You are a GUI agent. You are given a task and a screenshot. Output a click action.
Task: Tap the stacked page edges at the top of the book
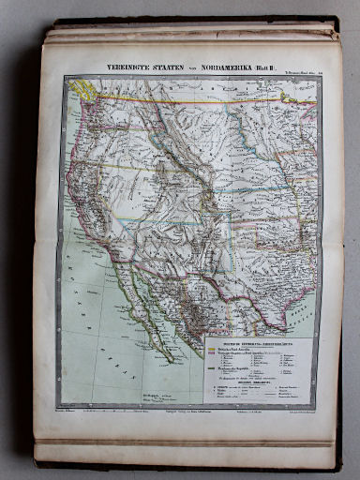[x=187, y=32]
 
